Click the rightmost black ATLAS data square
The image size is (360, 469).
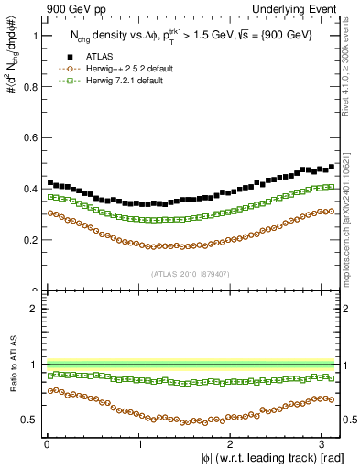pyautogui.click(x=331, y=167)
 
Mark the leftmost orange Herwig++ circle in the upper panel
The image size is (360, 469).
pyautogui.click(x=49, y=212)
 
